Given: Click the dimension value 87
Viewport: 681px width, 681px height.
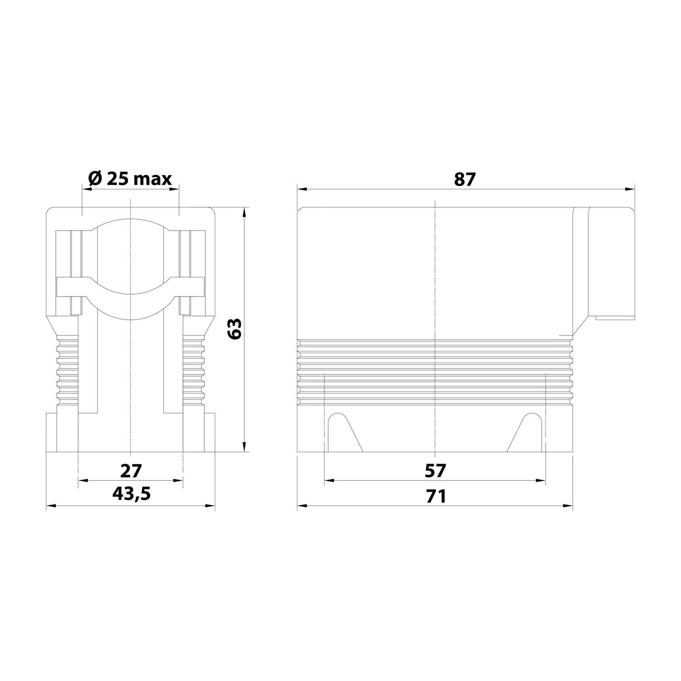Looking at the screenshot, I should [x=464, y=180].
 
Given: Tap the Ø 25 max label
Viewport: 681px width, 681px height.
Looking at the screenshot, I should [x=130, y=179].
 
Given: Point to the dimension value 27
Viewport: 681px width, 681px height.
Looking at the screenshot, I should [x=131, y=470].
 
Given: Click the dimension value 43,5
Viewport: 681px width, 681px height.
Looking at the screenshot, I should [x=131, y=494].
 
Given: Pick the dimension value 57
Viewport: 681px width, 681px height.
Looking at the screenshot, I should [x=435, y=470].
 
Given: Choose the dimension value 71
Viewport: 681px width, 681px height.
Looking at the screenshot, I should [x=435, y=496].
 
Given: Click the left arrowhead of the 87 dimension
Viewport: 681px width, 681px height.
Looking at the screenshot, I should [x=301, y=189].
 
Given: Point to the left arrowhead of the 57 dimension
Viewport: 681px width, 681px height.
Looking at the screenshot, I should [x=329, y=480].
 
